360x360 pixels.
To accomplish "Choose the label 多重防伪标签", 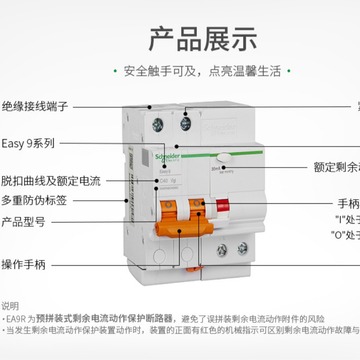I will (x=34, y=200).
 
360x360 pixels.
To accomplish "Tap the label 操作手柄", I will (x=27, y=264).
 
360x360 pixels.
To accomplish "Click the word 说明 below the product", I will (x=11, y=305).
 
